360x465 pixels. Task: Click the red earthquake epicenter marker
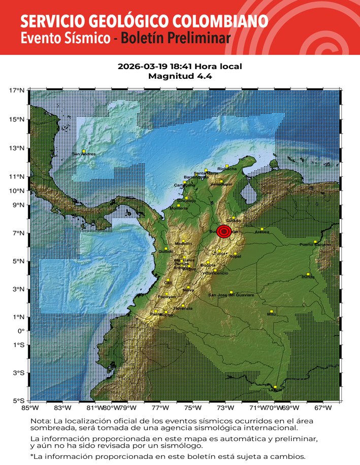[224, 231]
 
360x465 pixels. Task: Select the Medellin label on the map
[183, 244]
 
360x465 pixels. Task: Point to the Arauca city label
[262, 232]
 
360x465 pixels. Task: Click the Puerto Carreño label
[315, 245]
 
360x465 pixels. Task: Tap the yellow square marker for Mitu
[272, 311]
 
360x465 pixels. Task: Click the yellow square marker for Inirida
[308, 274]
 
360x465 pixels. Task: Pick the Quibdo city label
[166, 252]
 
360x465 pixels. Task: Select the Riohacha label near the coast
[226, 169]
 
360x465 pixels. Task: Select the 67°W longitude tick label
[322, 408]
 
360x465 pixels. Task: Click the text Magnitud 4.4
[180, 76]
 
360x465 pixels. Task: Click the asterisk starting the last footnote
[31, 456]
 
